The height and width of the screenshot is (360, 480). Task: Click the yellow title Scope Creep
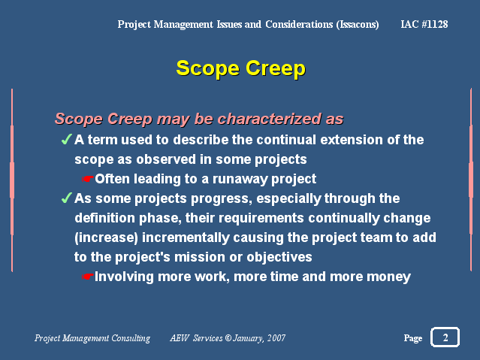click(x=240, y=68)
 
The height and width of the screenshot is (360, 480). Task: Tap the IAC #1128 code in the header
click(x=424, y=24)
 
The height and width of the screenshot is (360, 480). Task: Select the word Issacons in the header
click(x=358, y=25)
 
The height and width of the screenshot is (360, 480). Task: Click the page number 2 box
click(x=445, y=337)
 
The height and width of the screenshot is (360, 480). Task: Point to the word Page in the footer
click(x=413, y=338)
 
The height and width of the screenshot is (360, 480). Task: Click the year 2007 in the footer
click(x=276, y=338)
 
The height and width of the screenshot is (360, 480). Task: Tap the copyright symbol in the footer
click(x=228, y=338)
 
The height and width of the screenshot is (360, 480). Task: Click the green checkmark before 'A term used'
click(x=66, y=139)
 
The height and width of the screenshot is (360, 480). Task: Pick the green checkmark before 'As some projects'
click(x=66, y=198)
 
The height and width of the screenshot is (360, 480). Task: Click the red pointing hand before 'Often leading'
click(x=88, y=179)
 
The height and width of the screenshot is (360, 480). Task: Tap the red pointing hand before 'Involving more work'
click(x=88, y=277)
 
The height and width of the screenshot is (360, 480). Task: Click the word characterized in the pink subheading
click(x=270, y=119)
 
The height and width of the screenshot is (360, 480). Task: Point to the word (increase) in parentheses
click(x=106, y=238)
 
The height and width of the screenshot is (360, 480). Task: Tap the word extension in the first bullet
click(x=352, y=140)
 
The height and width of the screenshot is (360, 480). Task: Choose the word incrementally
click(x=186, y=238)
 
